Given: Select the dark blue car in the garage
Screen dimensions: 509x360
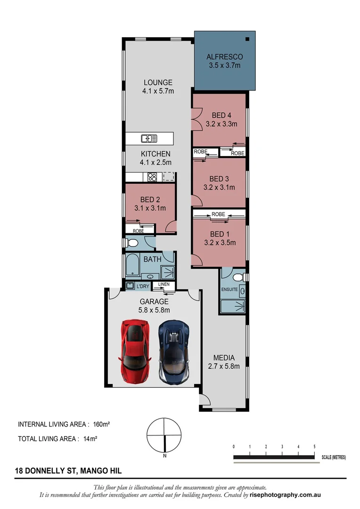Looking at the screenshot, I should pos(174,351).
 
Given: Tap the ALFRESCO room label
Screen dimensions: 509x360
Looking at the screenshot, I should pos(224,57).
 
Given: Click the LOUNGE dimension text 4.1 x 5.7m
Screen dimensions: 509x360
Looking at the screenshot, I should pos(158,91).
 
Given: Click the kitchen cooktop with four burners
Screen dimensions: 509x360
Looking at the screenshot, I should pos(152,177).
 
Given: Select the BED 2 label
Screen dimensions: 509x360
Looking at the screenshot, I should pos(149,199).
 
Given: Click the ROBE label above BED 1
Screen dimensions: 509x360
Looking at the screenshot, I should pos(218,214).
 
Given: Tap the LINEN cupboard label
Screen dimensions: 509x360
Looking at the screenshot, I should pos(164,284).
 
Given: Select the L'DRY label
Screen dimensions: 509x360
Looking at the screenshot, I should pos(143,286).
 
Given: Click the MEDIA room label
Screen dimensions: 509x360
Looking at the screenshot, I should pos(224,358).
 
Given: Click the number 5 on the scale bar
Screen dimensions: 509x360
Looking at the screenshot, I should pos(314,446).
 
